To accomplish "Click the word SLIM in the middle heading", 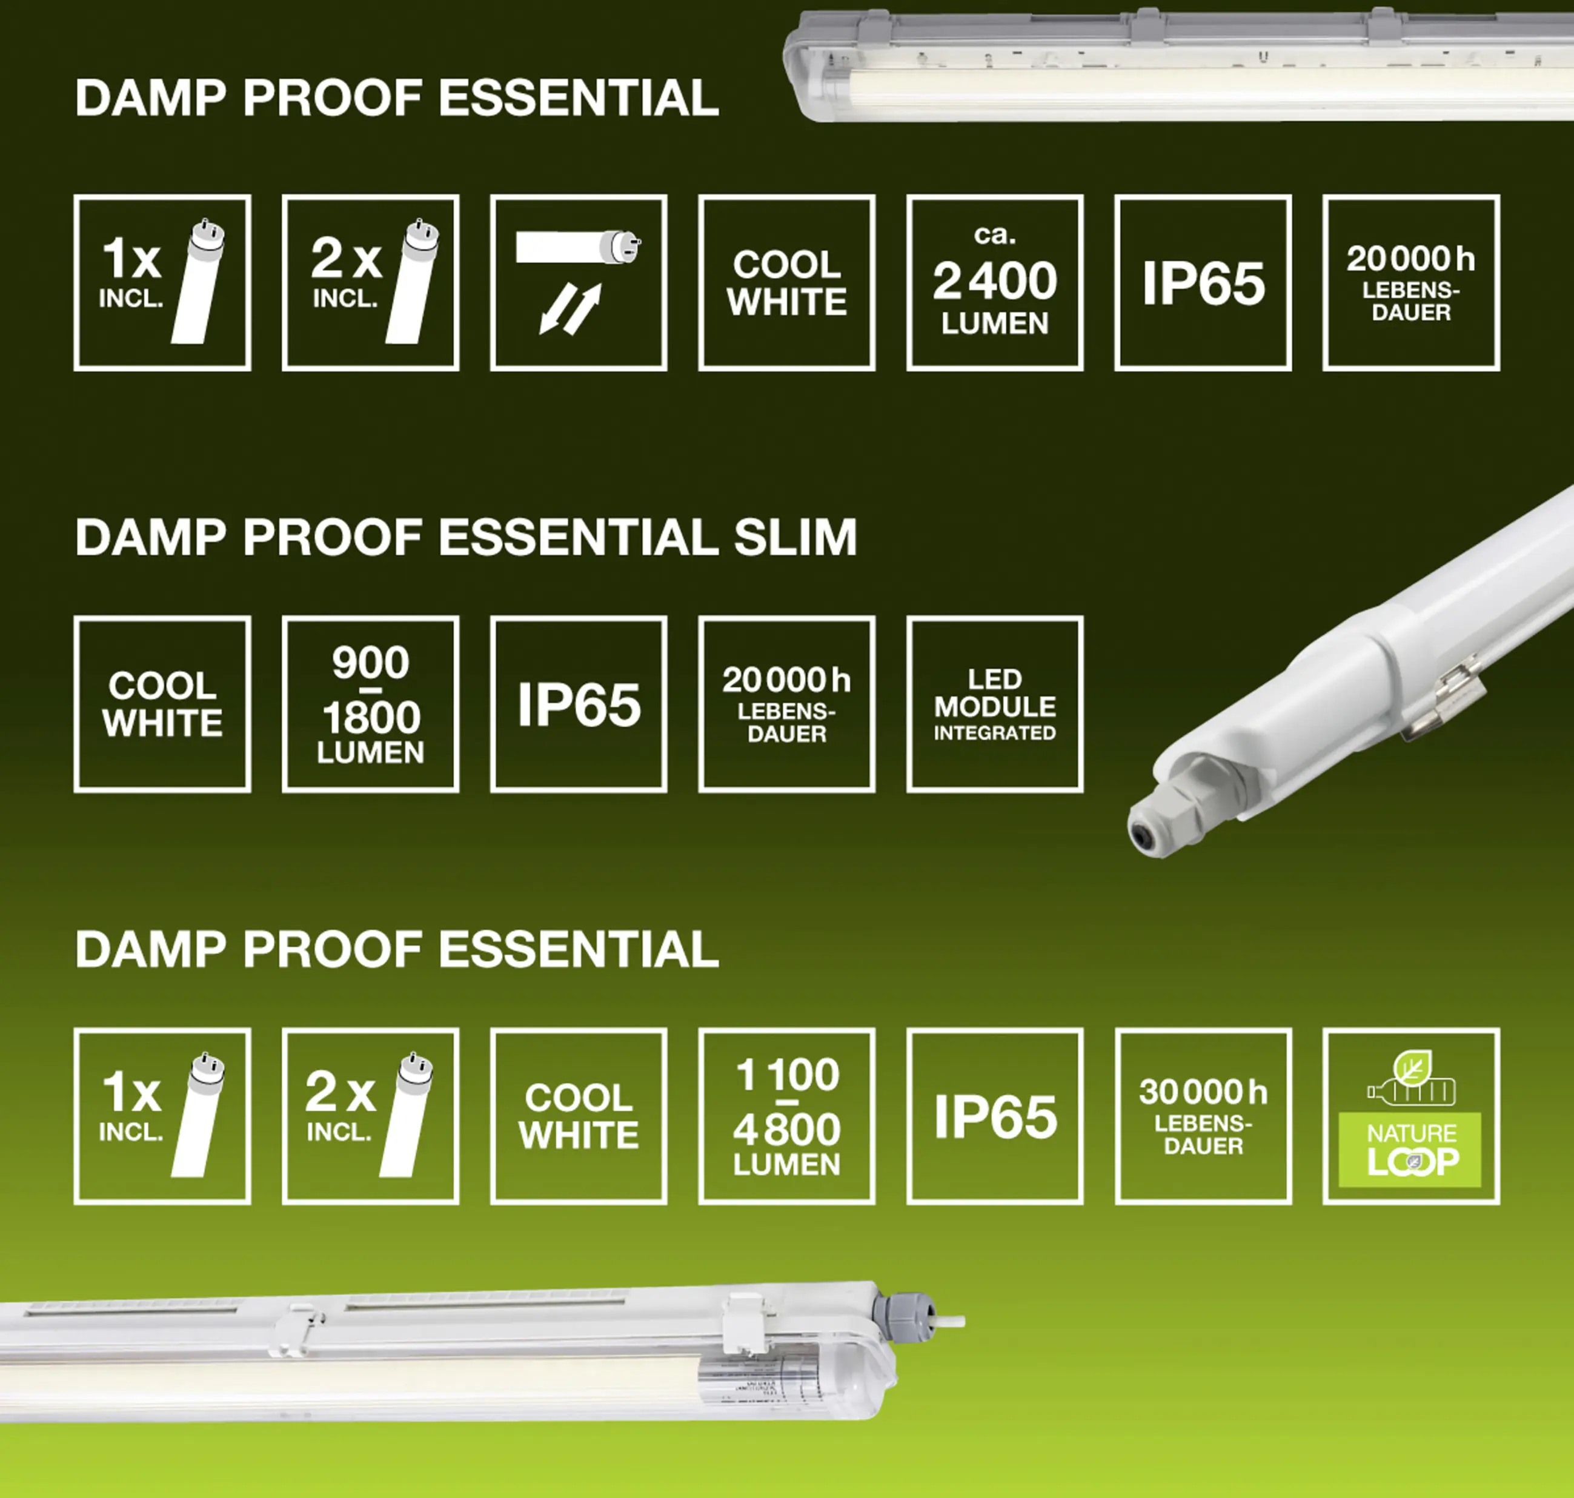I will [795, 537].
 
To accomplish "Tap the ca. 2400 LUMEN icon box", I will [994, 283].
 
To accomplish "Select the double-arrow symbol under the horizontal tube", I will [569, 310].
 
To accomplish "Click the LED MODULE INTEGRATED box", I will [994, 704].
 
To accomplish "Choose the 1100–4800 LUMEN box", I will [786, 1116].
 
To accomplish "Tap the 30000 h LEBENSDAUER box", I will [1203, 1116].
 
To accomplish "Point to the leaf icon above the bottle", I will [1412, 1067].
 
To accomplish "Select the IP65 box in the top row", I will [1203, 283].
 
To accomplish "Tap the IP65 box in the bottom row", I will [994, 1116].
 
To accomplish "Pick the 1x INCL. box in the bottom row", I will [162, 1116].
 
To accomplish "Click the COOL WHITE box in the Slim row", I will [162, 704].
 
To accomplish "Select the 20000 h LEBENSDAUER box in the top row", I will [1410, 283].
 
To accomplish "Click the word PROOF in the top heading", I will [331, 98].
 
